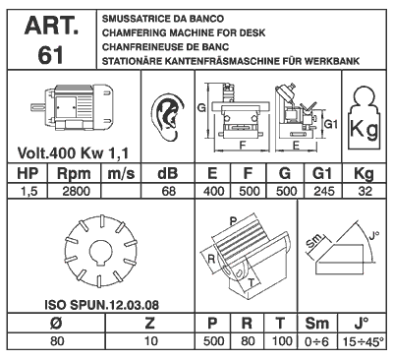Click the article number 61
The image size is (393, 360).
coord(51,54)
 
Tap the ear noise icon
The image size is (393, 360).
coord(168,117)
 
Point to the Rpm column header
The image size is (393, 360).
coord(74,174)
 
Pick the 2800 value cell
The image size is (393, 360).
coord(76,192)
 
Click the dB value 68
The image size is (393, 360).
coord(168,192)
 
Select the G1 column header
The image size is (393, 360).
coord(322,174)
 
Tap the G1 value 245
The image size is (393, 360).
coord(323,192)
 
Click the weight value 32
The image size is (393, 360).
coord(365,192)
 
